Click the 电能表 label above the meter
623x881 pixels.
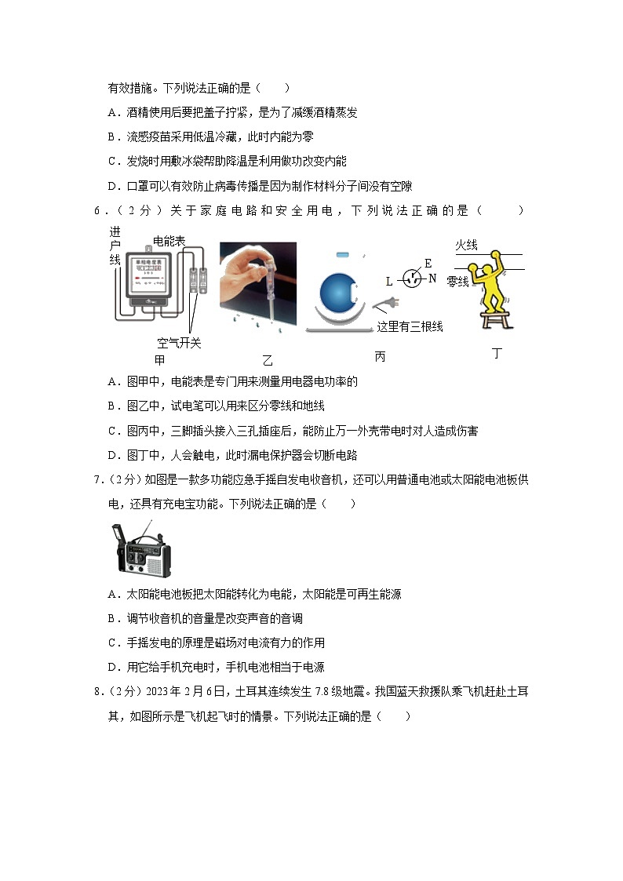coord(169,242)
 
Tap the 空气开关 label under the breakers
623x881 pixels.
coord(179,343)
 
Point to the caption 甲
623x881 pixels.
coord(160,360)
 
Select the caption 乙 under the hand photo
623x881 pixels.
coord(268,360)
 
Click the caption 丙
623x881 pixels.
coord(380,357)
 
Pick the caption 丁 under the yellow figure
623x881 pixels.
coord(496,354)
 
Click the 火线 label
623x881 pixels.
coord(467,246)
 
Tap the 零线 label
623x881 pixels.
coord(457,281)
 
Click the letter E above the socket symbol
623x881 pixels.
coord(428,264)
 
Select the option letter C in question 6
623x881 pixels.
coord(111,431)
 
